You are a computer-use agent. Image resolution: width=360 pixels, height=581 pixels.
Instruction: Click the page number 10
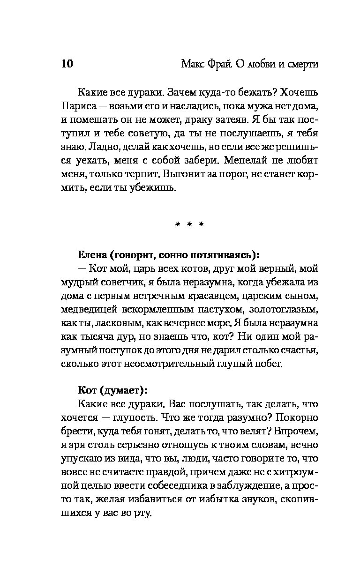pyautogui.click(x=67, y=64)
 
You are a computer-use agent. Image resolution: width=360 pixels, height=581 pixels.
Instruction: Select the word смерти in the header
pyautogui.click(x=297, y=64)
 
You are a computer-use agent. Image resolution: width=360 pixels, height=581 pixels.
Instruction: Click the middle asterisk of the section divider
pyautogui.click(x=190, y=225)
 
